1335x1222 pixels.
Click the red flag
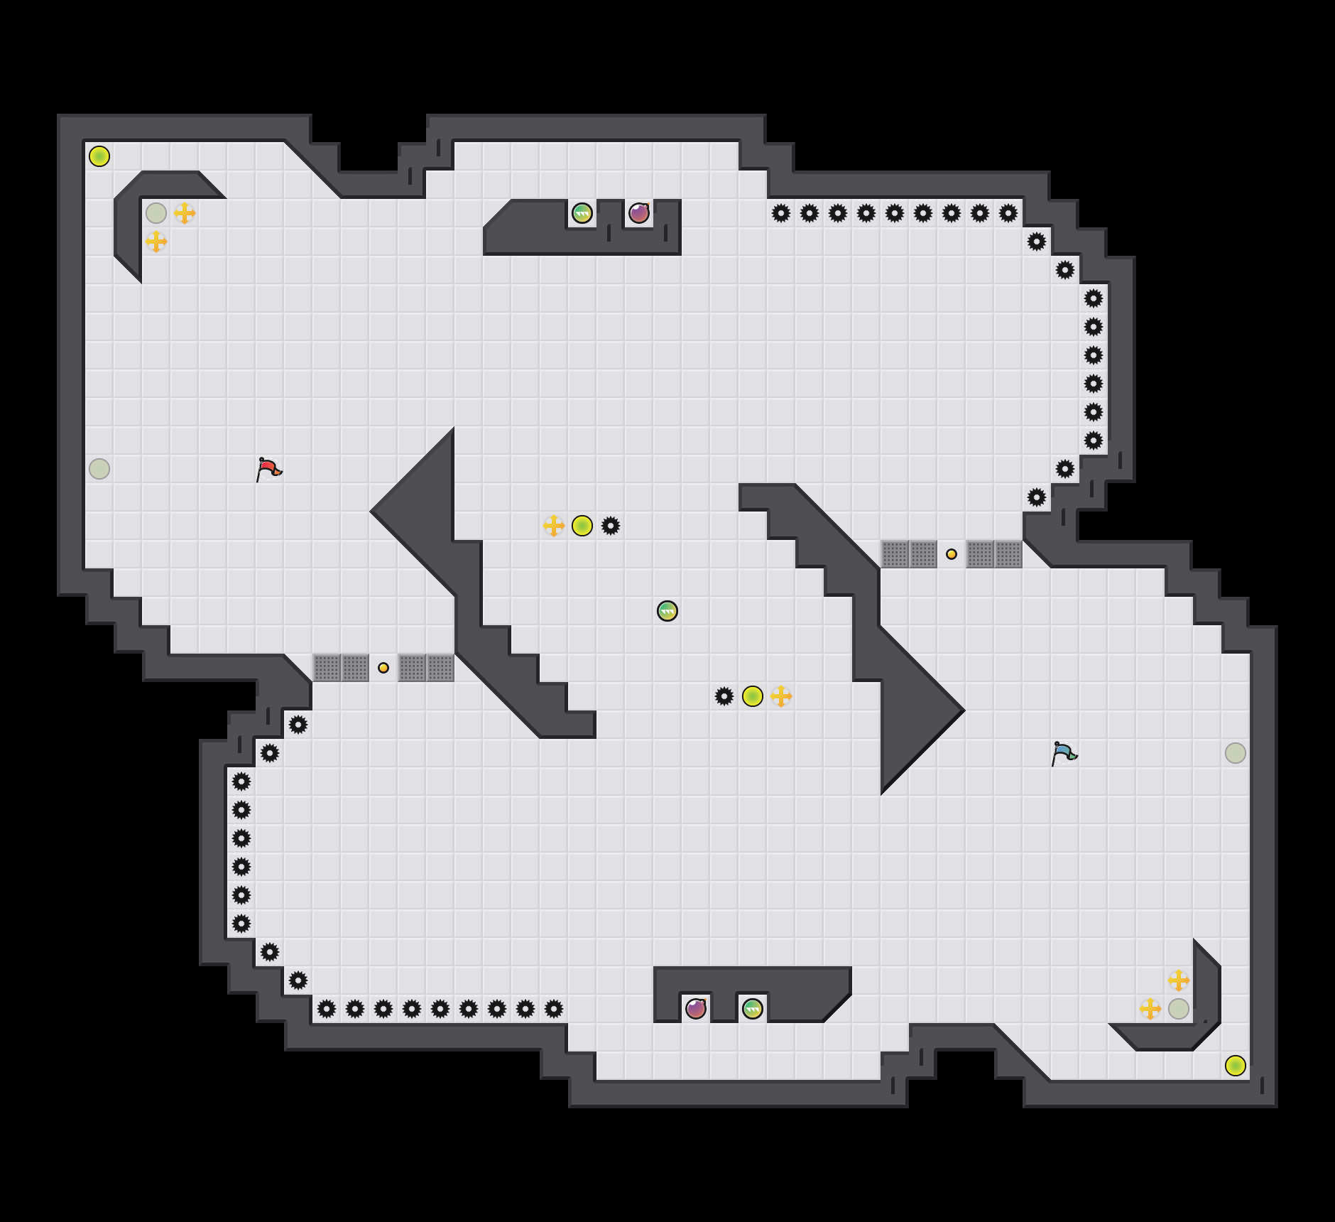click(x=268, y=469)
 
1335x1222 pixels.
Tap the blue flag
click(x=1064, y=753)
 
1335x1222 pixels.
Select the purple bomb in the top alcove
click(x=639, y=213)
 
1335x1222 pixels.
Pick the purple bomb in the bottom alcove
click(x=696, y=1008)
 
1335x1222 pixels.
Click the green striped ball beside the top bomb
click(x=582, y=213)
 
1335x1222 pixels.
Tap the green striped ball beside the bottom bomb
click(x=753, y=1008)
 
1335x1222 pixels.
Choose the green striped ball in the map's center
click(x=667, y=611)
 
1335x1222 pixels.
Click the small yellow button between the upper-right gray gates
click(x=952, y=554)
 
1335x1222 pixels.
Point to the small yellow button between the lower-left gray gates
click(x=383, y=668)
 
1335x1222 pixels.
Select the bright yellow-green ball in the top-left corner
click(x=99, y=156)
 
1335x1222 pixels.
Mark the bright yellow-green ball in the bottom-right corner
click(x=1236, y=1066)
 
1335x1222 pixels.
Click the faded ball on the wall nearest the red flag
click(x=99, y=469)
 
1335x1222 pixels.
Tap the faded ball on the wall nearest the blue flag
click(x=1236, y=753)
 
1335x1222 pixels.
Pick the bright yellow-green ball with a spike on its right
click(x=582, y=526)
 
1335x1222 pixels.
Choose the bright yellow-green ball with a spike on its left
click(x=753, y=696)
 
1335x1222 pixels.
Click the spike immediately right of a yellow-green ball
click(x=611, y=526)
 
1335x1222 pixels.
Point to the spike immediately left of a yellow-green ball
click(x=724, y=696)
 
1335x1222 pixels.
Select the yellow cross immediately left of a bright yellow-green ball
click(x=554, y=526)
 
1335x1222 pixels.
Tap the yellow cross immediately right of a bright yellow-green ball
click(x=781, y=696)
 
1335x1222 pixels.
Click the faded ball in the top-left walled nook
click(x=156, y=213)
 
